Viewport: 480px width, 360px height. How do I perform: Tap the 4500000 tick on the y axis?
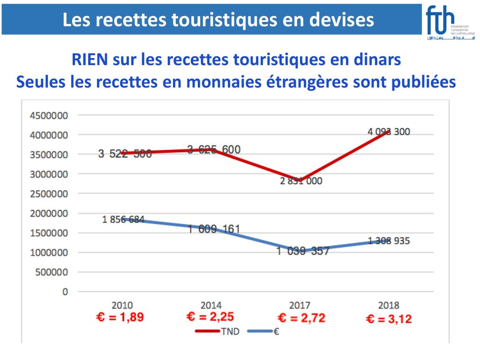pyautogui.click(x=49, y=115)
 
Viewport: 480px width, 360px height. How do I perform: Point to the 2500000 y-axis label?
pyautogui.click(x=49, y=194)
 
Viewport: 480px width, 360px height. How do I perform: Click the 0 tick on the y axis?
pyautogui.click(x=65, y=292)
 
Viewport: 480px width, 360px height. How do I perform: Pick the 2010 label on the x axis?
pyautogui.click(x=122, y=305)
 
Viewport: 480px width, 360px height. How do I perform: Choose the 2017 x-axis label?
pyautogui.click(x=299, y=305)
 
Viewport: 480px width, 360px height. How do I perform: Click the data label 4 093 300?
pyautogui.click(x=389, y=132)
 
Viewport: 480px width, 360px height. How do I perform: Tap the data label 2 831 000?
pyautogui.click(x=301, y=181)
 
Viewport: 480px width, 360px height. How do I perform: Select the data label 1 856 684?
pyautogui.click(x=123, y=219)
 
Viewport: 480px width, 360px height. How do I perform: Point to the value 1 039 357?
pyautogui.click(x=302, y=251)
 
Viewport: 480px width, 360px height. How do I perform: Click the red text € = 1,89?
pyautogui.click(x=120, y=317)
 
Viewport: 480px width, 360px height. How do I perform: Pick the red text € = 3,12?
pyautogui.click(x=389, y=320)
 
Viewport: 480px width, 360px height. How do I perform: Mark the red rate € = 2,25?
pyautogui.click(x=210, y=317)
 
